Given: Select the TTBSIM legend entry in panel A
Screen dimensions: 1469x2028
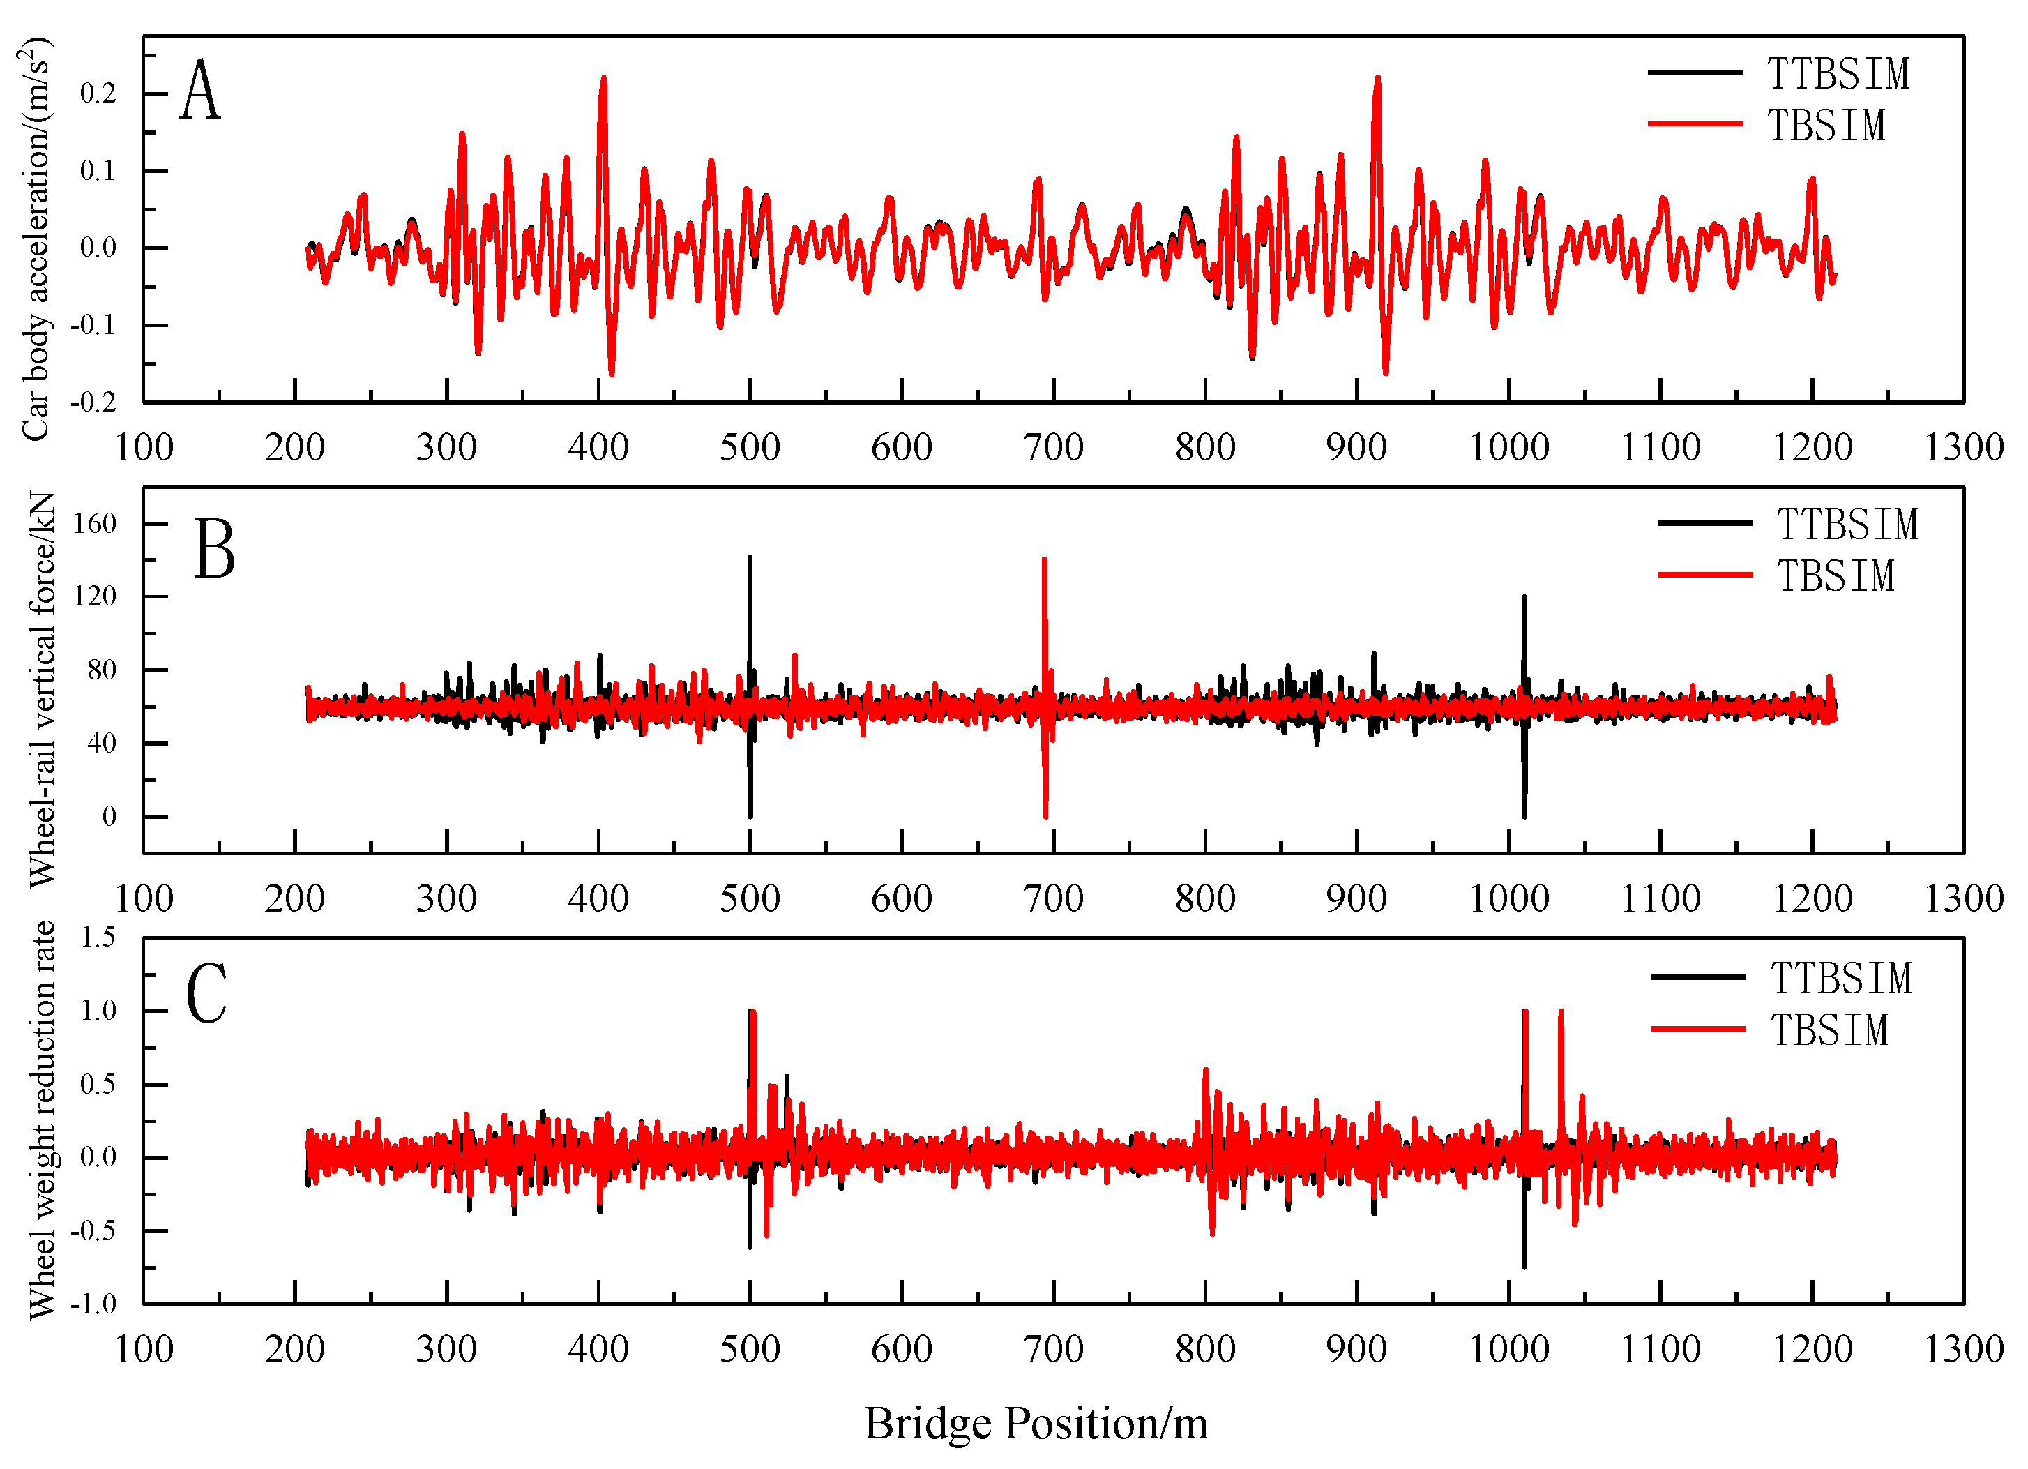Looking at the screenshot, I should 1838,73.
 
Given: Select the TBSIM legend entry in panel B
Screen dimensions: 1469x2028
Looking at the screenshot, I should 1835,575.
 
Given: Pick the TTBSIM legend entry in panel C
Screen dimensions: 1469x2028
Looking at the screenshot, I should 1840,978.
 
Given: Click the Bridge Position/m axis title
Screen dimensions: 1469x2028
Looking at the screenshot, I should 1036,1424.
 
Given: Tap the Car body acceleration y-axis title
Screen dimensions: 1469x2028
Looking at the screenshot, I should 36,240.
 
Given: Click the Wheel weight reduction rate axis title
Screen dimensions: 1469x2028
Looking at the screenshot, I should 41,1120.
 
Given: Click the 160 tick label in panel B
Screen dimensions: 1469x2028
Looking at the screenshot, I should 95,524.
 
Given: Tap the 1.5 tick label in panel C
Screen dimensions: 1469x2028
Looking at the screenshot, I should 98,937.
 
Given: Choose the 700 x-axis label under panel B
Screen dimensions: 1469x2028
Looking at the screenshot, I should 1053,898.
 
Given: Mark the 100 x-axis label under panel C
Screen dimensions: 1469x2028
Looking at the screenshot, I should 144,1349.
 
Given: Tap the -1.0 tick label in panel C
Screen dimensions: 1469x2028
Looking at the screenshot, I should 95,1304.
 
